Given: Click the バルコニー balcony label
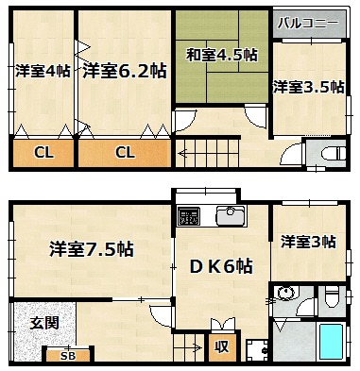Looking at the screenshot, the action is (x=308, y=24).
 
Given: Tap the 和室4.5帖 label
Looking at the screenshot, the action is (x=221, y=56).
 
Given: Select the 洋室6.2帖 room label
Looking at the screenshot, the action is (x=125, y=71).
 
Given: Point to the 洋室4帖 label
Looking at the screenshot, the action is (x=43, y=71).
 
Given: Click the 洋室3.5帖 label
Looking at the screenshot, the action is (x=308, y=87).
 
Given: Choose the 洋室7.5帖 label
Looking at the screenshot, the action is (x=92, y=249).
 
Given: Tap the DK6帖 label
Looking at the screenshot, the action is (x=221, y=267).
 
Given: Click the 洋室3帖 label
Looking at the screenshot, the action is (x=308, y=242).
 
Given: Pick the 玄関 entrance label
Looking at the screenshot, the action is (x=44, y=323).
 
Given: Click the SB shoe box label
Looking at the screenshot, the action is (x=68, y=356).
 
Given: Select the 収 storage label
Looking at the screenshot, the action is (x=222, y=347).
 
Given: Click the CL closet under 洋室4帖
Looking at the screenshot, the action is (x=43, y=153).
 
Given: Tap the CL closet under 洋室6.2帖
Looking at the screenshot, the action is (x=125, y=153).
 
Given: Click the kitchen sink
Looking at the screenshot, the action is (x=231, y=216).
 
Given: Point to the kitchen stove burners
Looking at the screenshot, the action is (x=189, y=216).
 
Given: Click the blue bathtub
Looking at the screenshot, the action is (x=332, y=342).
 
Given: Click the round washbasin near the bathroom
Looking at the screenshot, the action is (x=285, y=294).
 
